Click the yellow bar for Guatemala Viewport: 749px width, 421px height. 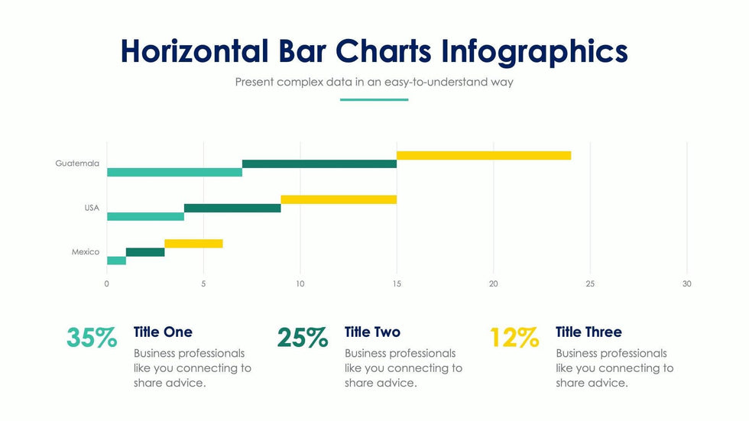484,155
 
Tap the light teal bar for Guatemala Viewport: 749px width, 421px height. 174,172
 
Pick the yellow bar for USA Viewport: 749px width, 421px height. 339,199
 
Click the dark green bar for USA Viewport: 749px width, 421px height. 232,208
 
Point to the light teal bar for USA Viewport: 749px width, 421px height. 145,216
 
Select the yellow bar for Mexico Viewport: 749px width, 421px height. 193,244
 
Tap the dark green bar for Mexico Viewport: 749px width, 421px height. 145,252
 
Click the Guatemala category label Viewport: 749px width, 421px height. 77,164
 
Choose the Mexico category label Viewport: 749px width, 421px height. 86,252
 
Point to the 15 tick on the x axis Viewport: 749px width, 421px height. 397,283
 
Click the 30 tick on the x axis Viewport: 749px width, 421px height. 686,283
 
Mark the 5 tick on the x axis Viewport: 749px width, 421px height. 203,283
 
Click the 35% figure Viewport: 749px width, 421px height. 92,338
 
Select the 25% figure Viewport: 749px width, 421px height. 303,338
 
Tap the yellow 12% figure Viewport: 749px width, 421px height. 514,338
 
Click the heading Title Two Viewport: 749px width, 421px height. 372,332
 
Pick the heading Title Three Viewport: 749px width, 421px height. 588,332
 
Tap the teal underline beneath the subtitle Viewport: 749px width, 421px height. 374,99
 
